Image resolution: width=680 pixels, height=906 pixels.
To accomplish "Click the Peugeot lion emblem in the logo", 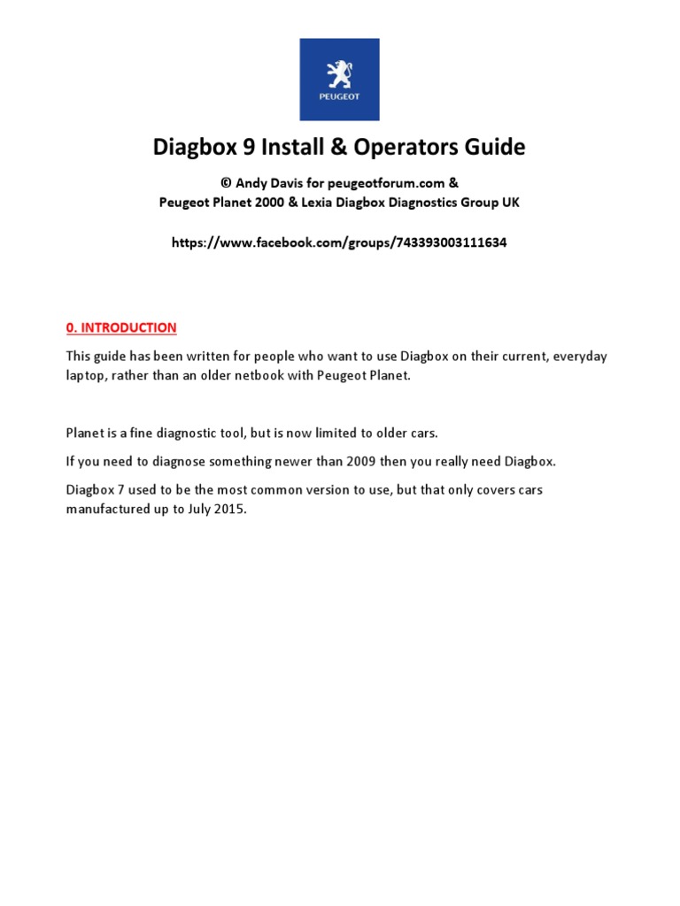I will click(x=340, y=73).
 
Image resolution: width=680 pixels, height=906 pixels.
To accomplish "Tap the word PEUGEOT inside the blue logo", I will click(x=340, y=96).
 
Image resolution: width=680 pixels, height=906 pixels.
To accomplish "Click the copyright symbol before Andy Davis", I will click(x=226, y=183).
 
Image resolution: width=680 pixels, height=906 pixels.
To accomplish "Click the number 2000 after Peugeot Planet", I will click(x=277, y=202).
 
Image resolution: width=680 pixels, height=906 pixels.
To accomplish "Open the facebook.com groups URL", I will click(x=340, y=242).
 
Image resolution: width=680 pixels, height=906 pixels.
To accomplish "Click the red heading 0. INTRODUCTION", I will click(x=121, y=327).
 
